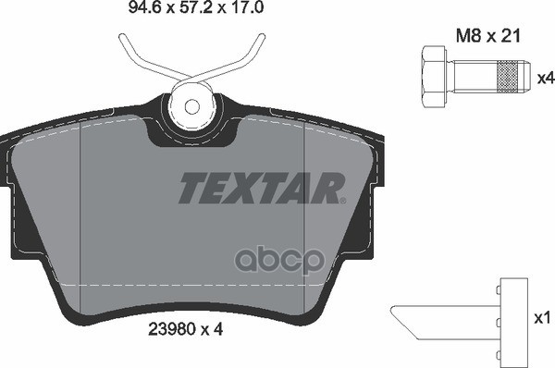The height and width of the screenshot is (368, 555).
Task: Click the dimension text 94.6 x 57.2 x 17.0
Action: click(x=176, y=13)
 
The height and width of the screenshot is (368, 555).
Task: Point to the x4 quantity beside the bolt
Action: click(x=545, y=79)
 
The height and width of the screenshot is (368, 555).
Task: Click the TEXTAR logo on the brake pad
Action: click(x=259, y=187)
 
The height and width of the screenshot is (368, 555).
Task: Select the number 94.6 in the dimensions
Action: click(x=110, y=13)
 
